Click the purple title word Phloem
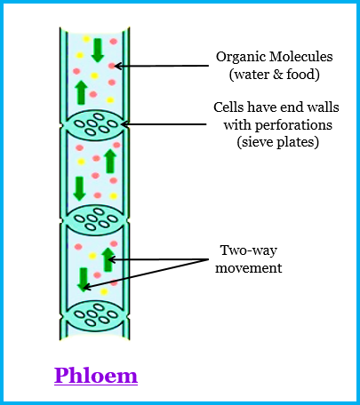[x=96, y=375]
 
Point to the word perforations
[x=293, y=125]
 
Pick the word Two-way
[x=249, y=251]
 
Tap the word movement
[x=249, y=268]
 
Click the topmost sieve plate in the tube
[x=95, y=124]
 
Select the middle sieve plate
[x=95, y=220]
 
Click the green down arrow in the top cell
[x=98, y=51]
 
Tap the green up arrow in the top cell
[x=81, y=92]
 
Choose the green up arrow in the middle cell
[x=110, y=161]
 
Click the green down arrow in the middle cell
[x=79, y=188]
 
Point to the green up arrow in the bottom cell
[x=108, y=259]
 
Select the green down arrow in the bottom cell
[x=84, y=280]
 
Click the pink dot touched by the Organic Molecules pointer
[x=112, y=66]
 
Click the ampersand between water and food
[x=278, y=75]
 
